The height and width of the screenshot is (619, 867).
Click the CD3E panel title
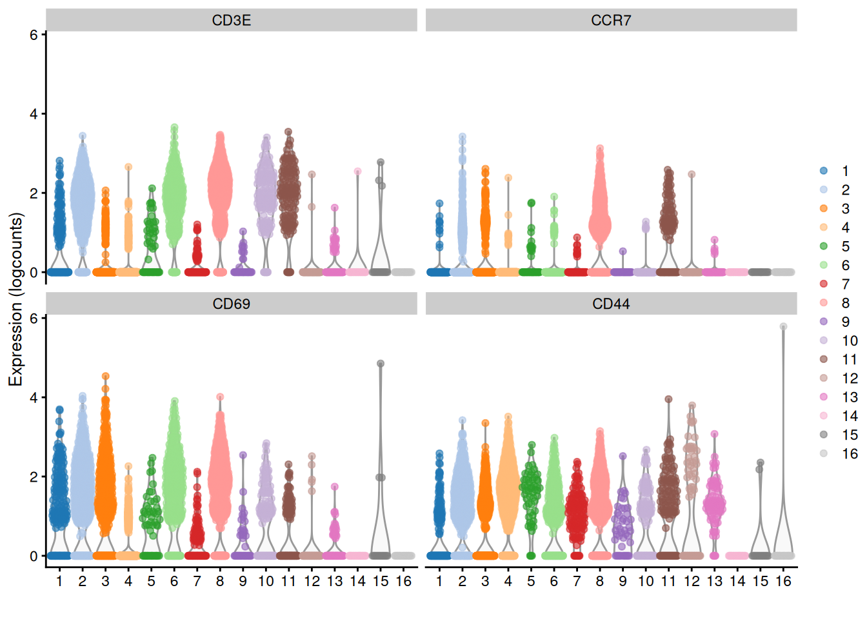pos(231,21)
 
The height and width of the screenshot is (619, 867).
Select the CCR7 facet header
pos(610,21)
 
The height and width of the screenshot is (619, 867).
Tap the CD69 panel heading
pos(231,304)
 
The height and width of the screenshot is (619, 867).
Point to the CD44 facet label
pos(610,304)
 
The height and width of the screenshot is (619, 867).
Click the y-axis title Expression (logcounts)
pos(15,300)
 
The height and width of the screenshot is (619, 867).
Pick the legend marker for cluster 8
pos(824,302)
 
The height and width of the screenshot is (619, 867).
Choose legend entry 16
pos(824,453)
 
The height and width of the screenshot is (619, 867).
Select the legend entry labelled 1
pos(824,171)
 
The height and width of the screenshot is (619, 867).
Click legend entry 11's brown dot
pos(824,359)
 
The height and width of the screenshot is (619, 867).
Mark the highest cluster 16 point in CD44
pos(783,327)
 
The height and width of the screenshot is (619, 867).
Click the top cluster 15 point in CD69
pos(381,364)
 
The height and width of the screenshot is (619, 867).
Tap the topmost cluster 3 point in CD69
pos(105,376)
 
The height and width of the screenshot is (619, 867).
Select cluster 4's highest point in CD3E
pos(128,167)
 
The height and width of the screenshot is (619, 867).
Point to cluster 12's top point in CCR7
pos(692,174)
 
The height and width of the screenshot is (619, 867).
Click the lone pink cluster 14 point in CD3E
pos(357,172)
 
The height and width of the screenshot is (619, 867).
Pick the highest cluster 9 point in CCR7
pos(623,251)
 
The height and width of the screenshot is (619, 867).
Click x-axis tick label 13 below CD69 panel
pos(335,582)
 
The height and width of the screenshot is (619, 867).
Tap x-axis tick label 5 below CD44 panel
pos(531,582)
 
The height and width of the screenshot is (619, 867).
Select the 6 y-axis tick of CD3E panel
pos(34,35)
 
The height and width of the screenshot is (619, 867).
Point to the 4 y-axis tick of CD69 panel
pos(34,398)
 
